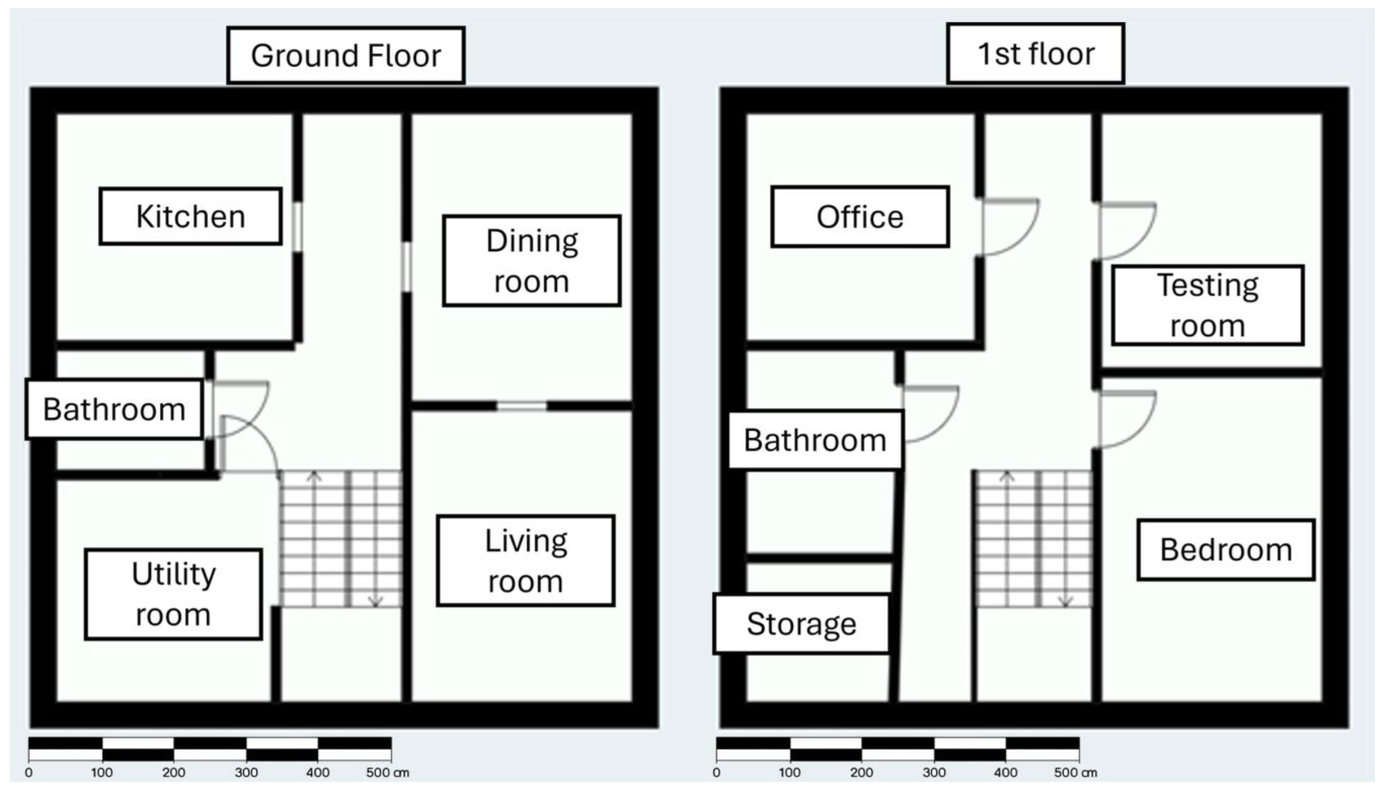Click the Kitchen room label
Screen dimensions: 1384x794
190,216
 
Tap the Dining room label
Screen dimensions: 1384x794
532,261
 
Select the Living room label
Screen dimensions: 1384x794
526,561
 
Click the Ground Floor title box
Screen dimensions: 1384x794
346,55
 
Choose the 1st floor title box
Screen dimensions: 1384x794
1036,53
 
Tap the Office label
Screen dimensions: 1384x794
860,216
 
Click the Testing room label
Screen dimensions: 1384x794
1208,306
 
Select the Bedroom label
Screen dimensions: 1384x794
1226,550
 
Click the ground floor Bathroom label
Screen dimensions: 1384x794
114,409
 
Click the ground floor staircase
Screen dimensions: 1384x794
341,539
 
